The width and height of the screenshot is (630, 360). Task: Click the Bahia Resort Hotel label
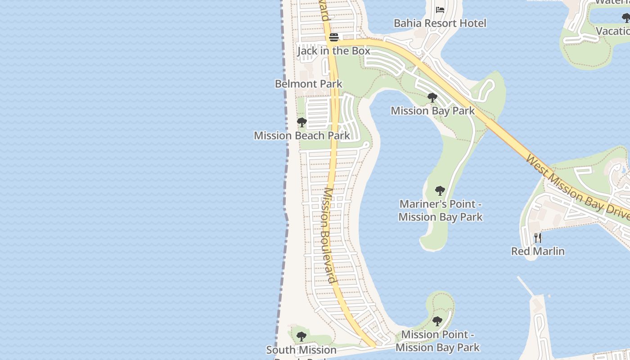pyautogui.click(x=440, y=23)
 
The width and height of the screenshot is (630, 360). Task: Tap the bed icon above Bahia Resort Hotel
pyautogui.click(x=440, y=9)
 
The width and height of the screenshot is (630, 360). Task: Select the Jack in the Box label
pyautogui.click(x=333, y=51)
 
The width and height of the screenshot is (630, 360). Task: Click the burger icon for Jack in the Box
pyautogui.click(x=333, y=37)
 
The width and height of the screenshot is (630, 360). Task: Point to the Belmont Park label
pyautogui.click(x=308, y=84)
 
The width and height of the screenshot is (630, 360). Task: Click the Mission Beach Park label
pyautogui.click(x=301, y=135)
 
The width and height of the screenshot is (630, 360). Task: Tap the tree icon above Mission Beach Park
pyautogui.click(x=302, y=122)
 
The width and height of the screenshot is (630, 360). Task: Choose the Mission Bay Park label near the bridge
pyautogui.click(x=432, y=111)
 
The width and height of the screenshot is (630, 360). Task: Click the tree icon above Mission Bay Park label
pyautogui.click(x=432, y=98)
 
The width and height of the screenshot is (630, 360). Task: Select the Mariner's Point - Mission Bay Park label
pyautogui.click(x=440, y=211)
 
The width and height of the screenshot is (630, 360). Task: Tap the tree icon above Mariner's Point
pyautogui.click(x=440, y=191)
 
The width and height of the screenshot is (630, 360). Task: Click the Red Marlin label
pyautogui.click(x=538, y=251)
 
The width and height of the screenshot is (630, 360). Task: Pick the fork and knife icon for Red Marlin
pyautogui.click(x=538, y=238)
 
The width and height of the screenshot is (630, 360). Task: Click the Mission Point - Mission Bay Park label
pyautogui.click(x=437, y=341)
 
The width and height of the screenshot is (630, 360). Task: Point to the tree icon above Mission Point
pyautogui.click(x=437, y=321)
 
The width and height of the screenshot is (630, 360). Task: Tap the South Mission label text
pyautogui.click(x=301, y=350)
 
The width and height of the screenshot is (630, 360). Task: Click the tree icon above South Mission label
pyautogui.click(x=301, y=337)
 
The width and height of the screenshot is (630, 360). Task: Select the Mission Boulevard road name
pyautogui.click(x=329, y=235)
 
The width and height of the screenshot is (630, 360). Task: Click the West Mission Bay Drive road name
pyautogui.click(x=579, y=189)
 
